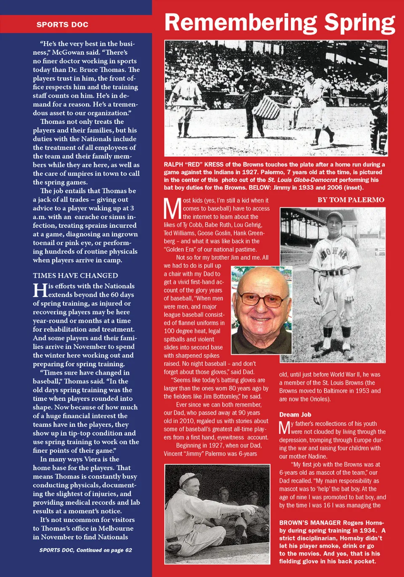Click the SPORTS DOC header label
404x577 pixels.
(x=62, y=24)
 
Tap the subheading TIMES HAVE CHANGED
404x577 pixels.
(x=75, y=276)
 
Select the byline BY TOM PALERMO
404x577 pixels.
(x=351, y=200)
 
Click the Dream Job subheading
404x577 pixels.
(x=295, y=415)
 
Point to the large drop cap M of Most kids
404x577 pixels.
(x=173, y=209)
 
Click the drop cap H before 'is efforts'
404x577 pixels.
(x=40, y=290)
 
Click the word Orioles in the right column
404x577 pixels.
(x=318, y=399)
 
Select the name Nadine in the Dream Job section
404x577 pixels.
(x=316, y=456)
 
